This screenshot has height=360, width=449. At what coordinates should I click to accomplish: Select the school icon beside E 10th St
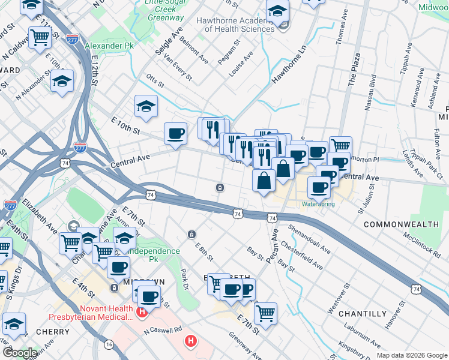click(146, 107)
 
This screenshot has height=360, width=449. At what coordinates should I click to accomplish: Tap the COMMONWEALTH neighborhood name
click(401, 224)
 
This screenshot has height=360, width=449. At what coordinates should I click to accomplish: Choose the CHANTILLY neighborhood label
click(362, 313)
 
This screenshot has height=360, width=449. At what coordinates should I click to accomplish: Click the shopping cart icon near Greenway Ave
click(265, 312)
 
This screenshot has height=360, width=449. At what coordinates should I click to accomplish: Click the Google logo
click(19, 353)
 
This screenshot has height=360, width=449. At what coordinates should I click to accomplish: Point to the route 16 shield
click(109, 344)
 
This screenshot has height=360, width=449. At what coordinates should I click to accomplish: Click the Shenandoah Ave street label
click(309, 239)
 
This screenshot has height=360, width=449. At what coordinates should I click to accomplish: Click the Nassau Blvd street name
click(370, 94)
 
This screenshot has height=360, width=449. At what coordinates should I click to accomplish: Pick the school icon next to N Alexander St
click(62, 81)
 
